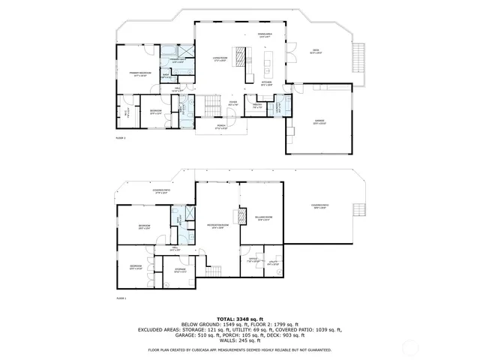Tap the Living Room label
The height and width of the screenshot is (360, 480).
pos(219,58)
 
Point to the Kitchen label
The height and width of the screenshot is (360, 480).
pos(266,83)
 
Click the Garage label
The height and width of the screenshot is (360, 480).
pos(319,122)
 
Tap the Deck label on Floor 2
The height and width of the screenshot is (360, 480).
pos(316,52)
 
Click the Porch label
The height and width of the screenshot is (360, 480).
pos(221,127)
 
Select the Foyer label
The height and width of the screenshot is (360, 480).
pos(233,103)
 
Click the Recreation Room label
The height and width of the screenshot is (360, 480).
pos(218,226)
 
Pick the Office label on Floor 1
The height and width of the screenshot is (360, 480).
pos(253,262)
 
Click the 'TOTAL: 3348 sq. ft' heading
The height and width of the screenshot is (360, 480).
pos(239,318)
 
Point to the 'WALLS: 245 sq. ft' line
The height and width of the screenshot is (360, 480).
pos(239,341)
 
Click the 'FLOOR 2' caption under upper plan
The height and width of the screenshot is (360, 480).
pos(121,139)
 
